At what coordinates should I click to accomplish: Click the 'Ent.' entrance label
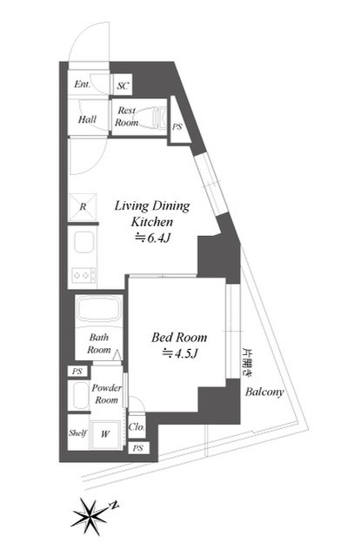(82, 84)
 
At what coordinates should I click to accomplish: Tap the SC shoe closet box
(123, 85)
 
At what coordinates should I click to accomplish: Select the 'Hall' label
(87, 119)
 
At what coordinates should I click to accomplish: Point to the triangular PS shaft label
(177, 126)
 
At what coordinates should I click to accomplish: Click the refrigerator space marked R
(83, 207)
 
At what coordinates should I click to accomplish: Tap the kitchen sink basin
(84, 242)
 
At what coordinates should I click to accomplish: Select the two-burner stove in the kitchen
(83, 275)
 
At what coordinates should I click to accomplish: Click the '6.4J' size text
(158, 238)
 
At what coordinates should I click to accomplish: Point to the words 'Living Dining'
(152, 206)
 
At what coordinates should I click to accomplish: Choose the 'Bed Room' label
(179, 338)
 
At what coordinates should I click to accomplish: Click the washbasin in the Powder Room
(80, 395)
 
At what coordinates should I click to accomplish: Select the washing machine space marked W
(105, 433)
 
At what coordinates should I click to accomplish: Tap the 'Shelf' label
(77, 433)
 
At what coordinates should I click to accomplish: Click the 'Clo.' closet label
(137, 426)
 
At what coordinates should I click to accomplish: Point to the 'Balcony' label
(264, 393)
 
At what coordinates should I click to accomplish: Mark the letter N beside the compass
(114, 505)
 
